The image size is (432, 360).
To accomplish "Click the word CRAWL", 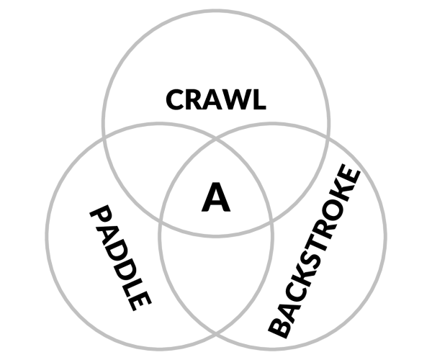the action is (216, 99).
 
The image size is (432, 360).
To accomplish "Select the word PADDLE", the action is (120, 258).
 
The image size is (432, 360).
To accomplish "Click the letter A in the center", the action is (216, 197).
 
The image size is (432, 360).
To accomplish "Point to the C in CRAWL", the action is (176, 99).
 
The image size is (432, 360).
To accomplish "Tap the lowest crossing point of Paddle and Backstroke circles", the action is (216, 335).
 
